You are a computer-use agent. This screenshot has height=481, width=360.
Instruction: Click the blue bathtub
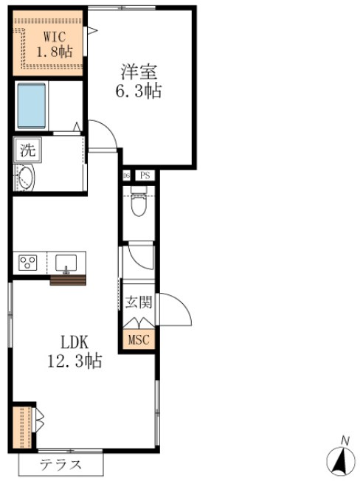32,105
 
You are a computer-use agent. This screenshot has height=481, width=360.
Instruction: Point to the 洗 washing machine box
27,151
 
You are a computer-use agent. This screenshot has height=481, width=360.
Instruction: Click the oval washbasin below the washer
26,179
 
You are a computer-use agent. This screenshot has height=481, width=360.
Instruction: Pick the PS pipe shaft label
145,176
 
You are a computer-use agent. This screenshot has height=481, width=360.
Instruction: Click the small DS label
126,176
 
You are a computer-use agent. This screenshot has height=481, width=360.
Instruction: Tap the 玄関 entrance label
138,302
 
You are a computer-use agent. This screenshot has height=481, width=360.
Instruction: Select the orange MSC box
138,340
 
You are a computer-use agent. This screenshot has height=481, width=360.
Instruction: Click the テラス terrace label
60,465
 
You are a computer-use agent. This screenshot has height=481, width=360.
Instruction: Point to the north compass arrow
340,462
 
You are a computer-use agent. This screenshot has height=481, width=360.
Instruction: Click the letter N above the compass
344,440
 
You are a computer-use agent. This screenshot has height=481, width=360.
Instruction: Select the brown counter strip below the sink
68,280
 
